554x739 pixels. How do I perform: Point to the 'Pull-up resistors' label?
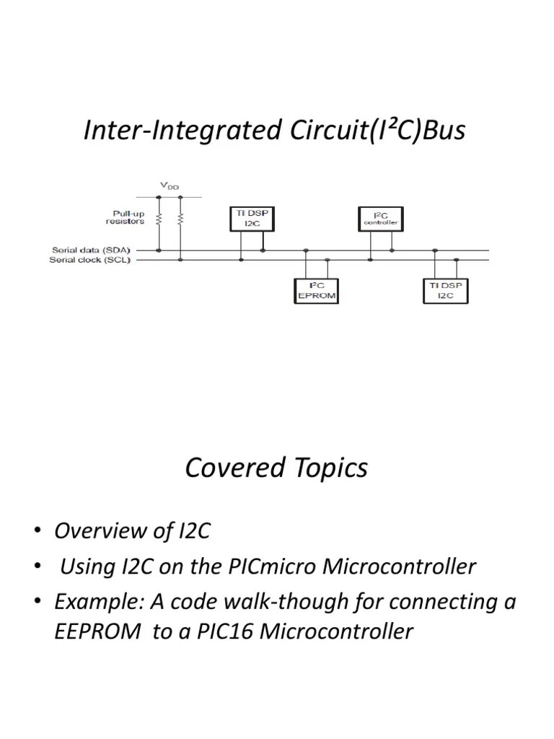pyautogui.click(x=127, y=217)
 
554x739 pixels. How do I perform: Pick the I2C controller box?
pyautogui.click(x=379, y=219)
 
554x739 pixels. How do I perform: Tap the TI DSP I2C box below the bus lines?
pyautogui.click(x=444, y=291)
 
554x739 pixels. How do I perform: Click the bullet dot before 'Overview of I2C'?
pyautogui.click(x=37, y=532)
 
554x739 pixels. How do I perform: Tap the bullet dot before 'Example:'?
pyautogui.click(x=37, y=603)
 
